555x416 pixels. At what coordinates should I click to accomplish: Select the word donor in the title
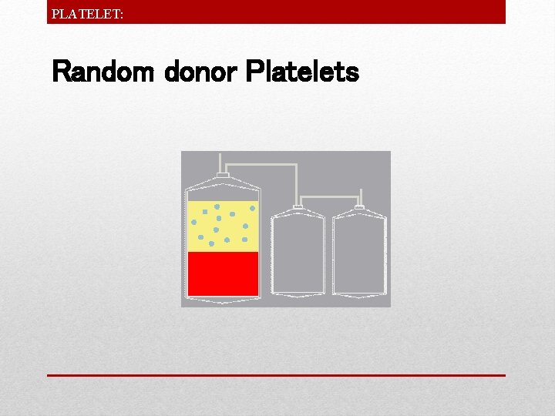click(200, 72)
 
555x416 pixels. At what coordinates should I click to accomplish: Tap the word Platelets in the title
click(301, 72)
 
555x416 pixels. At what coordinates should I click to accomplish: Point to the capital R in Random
click(61, 72)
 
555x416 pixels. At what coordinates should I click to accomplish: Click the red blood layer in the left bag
click(223, 273)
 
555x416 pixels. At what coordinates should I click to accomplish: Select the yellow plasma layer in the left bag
click(223, 226)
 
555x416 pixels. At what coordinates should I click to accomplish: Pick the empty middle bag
click(298, 253)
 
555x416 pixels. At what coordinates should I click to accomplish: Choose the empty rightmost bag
click(358, 253)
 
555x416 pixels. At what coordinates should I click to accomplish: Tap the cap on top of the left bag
click(222, 176)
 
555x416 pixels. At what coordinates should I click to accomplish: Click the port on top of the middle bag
click(298, 208)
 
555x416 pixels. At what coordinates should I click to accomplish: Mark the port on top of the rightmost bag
click(358, 208)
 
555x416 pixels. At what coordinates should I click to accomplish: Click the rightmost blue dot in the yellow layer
click(252, 208)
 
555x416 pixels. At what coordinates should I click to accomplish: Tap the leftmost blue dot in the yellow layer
click(194, 223)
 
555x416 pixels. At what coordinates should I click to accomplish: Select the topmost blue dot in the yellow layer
click(217, 206)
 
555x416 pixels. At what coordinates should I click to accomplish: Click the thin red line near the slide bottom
click(276, 375)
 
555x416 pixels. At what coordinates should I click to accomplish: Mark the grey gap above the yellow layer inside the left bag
click(223, 193)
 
